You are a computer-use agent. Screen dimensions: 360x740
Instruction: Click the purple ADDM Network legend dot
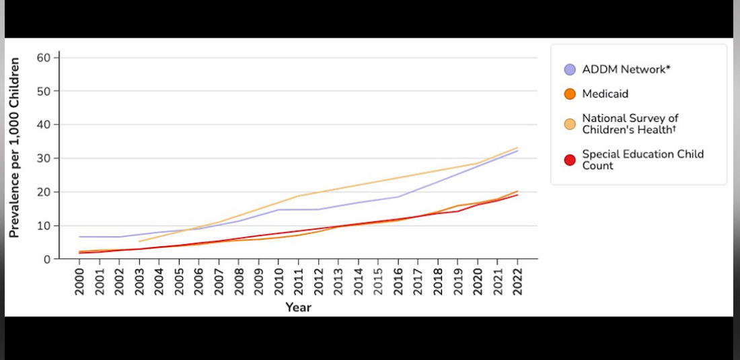(570, 69)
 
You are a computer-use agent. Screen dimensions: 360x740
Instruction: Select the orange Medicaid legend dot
(570, 94)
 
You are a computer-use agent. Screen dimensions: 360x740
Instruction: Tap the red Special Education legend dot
(570, 159)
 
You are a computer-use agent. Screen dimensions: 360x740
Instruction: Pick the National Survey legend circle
(570, 124)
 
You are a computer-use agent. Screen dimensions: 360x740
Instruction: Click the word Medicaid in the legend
(605, 94)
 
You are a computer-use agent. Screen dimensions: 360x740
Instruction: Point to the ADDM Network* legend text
(626, 69)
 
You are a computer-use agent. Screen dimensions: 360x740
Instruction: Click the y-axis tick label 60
(44, 57)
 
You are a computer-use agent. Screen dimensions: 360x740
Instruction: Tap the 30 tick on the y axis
(44, 158)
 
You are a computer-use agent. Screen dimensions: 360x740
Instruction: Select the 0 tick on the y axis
(48, 259)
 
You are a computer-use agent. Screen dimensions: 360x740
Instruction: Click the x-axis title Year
(298, 308)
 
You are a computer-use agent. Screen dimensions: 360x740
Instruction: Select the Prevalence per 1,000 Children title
(14, 146)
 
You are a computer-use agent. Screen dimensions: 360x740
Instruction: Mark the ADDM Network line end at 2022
(517, 151)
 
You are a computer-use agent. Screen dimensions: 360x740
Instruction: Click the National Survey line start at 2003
(139, 241)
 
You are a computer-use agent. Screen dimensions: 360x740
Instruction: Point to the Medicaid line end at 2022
(517, 191)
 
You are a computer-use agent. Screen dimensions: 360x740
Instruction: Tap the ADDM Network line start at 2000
(80, 237)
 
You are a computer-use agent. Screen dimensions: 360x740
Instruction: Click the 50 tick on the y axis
(44, 91)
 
